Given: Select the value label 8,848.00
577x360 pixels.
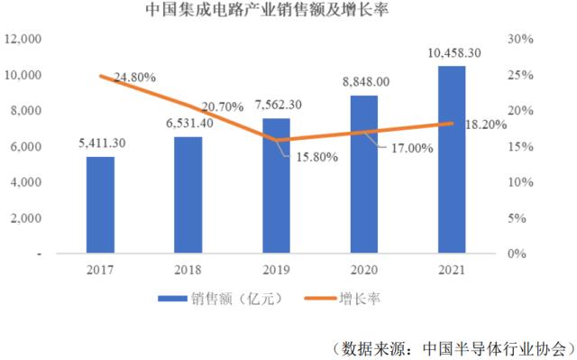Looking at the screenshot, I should click(364, 81).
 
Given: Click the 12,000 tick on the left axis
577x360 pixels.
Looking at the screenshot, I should click(23, 39).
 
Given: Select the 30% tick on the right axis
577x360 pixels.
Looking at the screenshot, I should click(523, 39).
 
